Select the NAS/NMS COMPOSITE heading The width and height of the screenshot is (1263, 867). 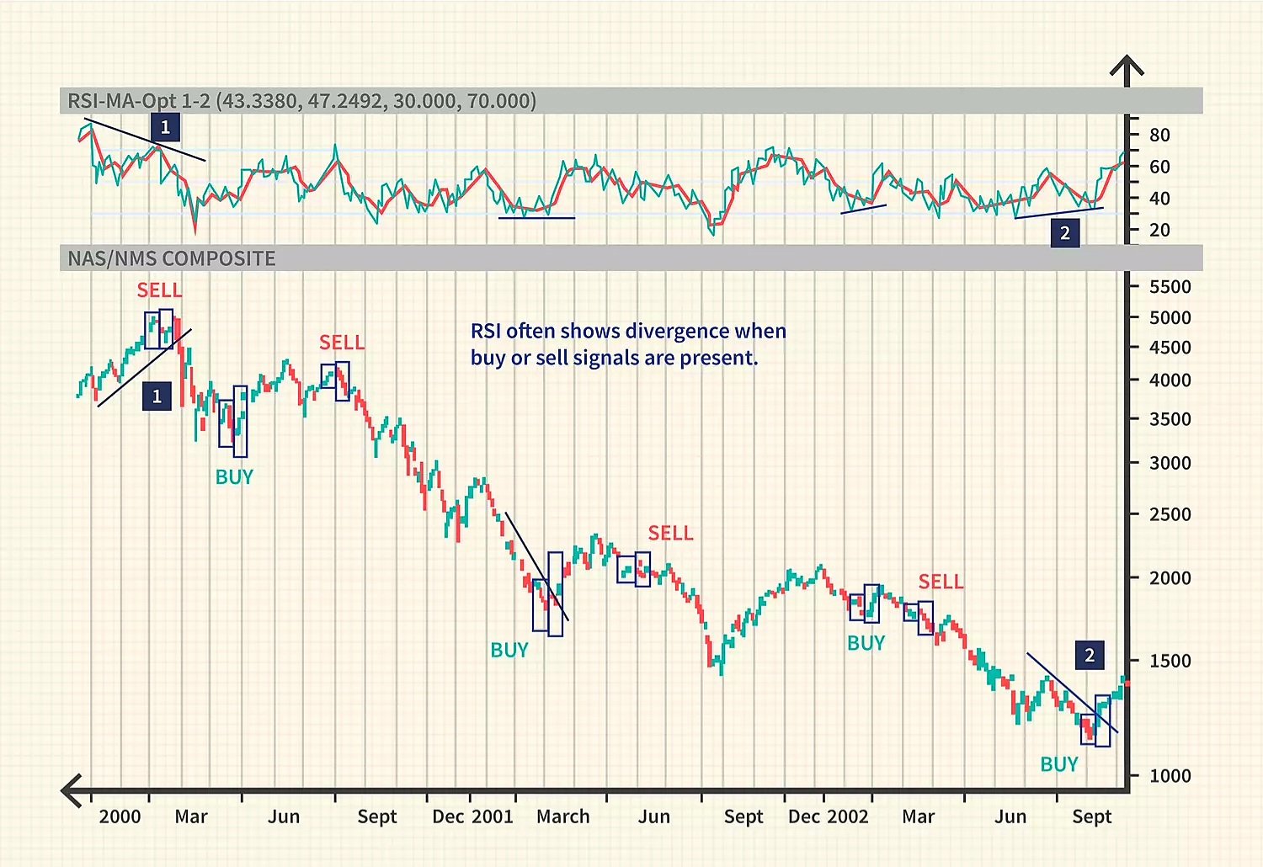pos(172,258)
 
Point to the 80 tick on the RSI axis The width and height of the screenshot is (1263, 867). pos(1159,135)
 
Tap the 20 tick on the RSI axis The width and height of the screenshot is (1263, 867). pos(1159,230)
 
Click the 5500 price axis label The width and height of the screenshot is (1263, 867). pos(1170,287)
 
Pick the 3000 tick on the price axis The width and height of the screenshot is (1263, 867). pos(1170,463)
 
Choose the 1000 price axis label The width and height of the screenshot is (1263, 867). pos(1170,776)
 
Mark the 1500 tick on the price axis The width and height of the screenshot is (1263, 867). pos(1170,661)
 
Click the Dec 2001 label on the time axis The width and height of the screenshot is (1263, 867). pos(472,816)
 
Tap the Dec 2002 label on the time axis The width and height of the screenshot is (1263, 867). pos(828,816)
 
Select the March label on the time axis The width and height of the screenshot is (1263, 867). pos(563,816)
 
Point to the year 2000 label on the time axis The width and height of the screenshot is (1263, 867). pos(120,816)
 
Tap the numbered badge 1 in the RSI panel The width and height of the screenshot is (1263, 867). pos(165,127)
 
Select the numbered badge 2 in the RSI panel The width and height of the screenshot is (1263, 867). pos(1065,233)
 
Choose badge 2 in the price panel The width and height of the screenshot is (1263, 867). pos(1090,655)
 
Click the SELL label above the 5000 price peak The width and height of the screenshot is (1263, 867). pos(159,290)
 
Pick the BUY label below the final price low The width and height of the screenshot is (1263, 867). pos(1059,764)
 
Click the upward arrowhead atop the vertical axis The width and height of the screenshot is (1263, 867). pos(1127,66)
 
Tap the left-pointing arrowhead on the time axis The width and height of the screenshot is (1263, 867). pos(71,790)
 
